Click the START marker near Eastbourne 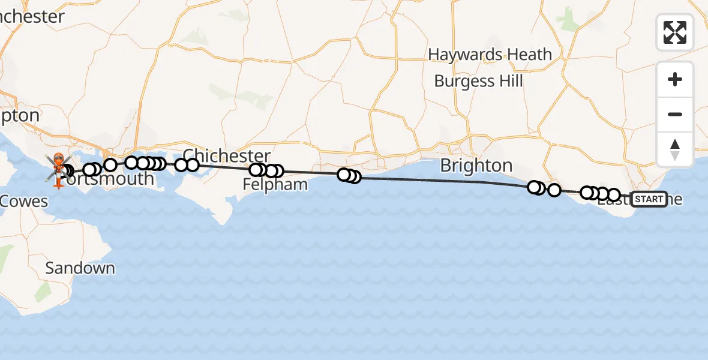click(x=649, y=199)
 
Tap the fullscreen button click(x=675, y=32)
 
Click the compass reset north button click(x=675, y=149)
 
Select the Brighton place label click(x=476, y=166)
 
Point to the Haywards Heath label click(x=490, y=55)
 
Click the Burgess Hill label click(x=478, y=81)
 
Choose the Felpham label click(x=275, y=184)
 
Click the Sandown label click(x=80, y=268)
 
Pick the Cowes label click(x=24, y=201)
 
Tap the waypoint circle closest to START click(x=613, y=195)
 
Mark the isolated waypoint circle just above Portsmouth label click(x=110, y=164)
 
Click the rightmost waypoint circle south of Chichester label click(x=192, y=164)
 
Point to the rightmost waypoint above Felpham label click(x=277, y=171)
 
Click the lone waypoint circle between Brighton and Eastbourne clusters click(x=554, y=190)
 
